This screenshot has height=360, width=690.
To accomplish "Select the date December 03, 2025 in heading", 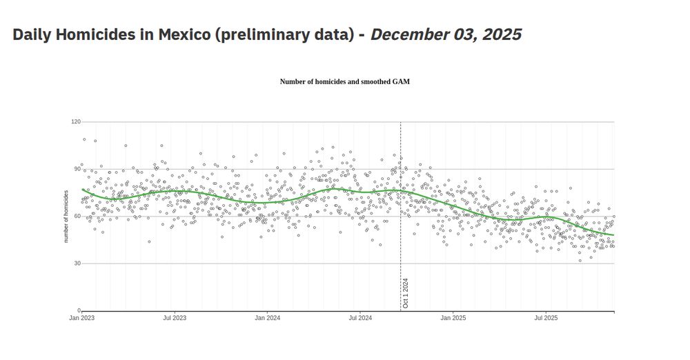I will pyautogui.click(x=446, y=34).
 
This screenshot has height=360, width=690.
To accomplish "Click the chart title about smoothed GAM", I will pyautogui.click(x=344, y=81).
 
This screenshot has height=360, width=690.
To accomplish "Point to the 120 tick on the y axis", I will pyautogui.click(x=76, y=122).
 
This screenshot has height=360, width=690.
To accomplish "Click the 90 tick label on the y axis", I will pyautogui.click(x=77, y=169).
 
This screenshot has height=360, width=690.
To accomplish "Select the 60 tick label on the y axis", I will pyautogui.click(x=77, y=217).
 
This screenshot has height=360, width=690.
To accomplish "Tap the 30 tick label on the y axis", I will pyautogui.click(x=77, y=263).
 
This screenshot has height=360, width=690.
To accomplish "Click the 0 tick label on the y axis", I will pyautogui.click(x=79, y=311).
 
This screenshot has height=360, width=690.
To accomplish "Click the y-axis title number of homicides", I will pyautogui.click(x=66, y=217).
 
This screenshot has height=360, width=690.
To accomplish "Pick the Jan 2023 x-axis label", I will pyautogui.click(x=81, y=319).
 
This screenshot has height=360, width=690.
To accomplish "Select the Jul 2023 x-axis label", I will pyautogui.click(x=175, y=319).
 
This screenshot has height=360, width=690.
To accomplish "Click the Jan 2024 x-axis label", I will pyautogui.click(x=268, y=319).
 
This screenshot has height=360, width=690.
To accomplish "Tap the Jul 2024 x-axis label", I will pyautogui.click(x=360, y=319).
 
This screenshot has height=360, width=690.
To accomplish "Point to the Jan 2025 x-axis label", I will pyautogui.click(x=453, y=319).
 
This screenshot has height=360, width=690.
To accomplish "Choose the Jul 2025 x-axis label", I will pyautogui.click(x=546, y=319).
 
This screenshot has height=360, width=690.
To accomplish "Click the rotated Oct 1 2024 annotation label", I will pyautogui.click(x=406, y=292).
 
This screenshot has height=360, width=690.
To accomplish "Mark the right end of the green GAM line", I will pyautogui.click(x=613, y=235).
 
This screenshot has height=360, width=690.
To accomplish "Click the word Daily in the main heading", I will pyautogui.click(x=34, y=34).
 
